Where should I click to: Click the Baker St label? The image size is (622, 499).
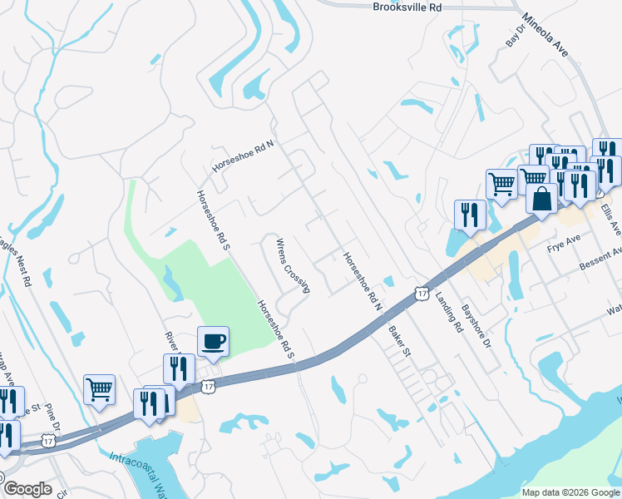[x=400, y=341]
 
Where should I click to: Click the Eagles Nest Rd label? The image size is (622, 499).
[x=19, y=259]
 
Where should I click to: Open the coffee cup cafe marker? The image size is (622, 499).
[x=213, y=342]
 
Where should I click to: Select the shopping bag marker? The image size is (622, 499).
[x=541, y=200]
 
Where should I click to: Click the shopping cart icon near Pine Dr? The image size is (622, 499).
[x=99, y=388]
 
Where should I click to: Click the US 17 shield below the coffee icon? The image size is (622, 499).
[x=209, y=386]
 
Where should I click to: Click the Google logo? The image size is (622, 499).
[x=27, y=489]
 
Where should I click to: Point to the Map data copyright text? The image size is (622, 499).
[x=570, y=492]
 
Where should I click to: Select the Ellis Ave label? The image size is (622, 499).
[x=615, y=216]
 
